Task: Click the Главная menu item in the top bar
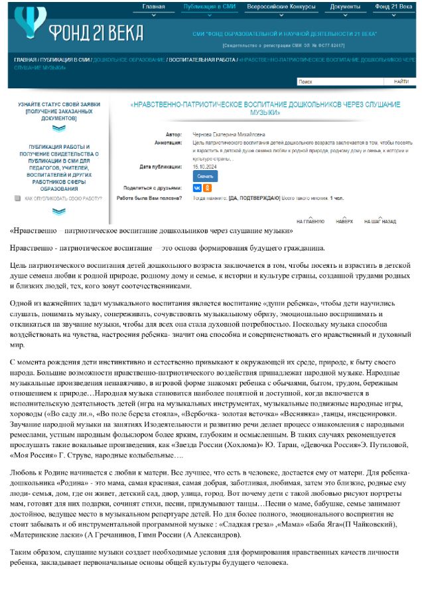pos(153,7)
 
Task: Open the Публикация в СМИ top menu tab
pos(210,7)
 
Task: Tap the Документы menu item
pos(345,7)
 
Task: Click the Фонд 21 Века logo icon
pos(29,23)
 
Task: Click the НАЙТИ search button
pos(401,82)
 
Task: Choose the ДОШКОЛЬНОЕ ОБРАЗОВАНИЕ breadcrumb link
pos(129,60)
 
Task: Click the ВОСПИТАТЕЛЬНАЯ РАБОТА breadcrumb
pos(202,60)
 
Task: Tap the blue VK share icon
pos(196,188)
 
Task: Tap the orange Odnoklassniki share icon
pos(206,188)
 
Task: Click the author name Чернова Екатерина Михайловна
pos(227,134)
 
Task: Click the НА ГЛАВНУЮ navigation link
pos(311,221)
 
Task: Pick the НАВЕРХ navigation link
pos(344,221)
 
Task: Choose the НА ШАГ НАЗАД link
pos(380,221)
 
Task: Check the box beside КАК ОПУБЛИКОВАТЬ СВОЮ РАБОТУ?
pos(17,198)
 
